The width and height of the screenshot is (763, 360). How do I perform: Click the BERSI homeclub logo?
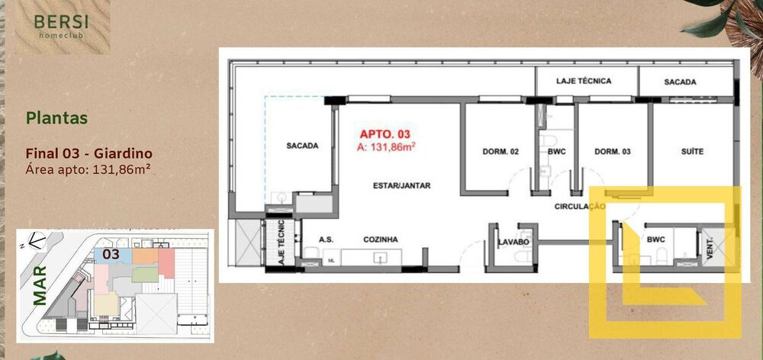point(63,27)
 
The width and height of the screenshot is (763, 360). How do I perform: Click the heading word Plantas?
point(56,118)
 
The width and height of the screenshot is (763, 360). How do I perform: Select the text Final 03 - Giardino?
point(89,153)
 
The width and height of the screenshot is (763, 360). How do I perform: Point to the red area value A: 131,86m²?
point(386,147)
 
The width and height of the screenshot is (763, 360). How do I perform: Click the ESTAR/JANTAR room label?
point(401,185)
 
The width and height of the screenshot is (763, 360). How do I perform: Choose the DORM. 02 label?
point(501,152)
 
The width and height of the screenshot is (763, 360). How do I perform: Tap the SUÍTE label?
point(692,152)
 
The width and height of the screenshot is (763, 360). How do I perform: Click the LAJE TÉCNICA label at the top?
point(584,81)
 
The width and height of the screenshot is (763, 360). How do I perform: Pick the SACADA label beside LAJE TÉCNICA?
point(680,82)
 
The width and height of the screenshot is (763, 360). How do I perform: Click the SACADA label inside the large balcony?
point(301,146)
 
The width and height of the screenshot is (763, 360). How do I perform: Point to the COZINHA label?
point(379,239)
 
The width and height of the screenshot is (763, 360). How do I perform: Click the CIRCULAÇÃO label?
point(580,207)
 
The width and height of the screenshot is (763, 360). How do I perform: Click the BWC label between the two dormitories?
point(555,152)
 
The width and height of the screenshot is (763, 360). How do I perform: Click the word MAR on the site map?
point(40,285)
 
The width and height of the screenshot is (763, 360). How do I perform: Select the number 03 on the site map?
point(111,254)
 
